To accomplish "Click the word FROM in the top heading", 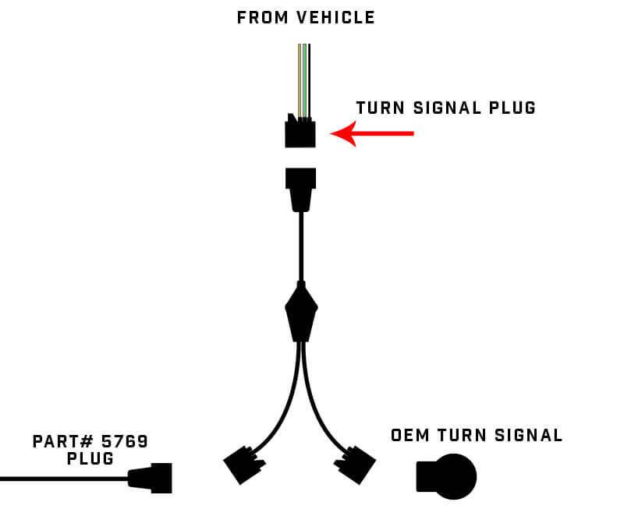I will coord(263,17).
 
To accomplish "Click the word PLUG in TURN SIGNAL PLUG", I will coord(512,108).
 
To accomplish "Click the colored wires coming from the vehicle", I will coord(303,78).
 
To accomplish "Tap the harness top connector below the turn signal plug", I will coord(300,188).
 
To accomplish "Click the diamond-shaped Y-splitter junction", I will coord(301,311).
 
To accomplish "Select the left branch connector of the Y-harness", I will coord(241,466).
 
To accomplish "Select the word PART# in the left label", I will coord(58,442).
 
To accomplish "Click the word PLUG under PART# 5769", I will coord(90,459).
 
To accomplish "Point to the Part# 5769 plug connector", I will coord(151,477).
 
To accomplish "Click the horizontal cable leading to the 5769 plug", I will coord(62,478).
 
